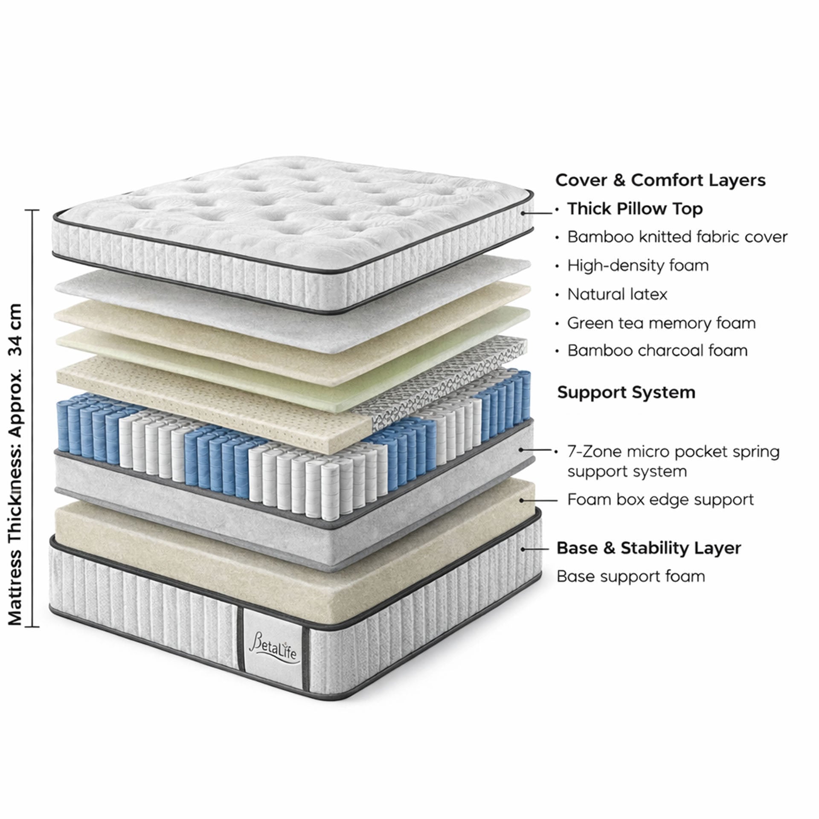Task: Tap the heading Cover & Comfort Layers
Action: click(x=660, y=180)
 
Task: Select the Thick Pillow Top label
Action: click(x=635, y=209)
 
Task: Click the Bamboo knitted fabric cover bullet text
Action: click(x=677, y=237)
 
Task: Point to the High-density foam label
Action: click(x=637, y=266)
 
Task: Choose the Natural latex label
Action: click(x=617, y=294)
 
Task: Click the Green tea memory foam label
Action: click(x=661, y=323)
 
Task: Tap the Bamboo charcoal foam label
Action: click(x=657, y=351)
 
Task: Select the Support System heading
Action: click(x=626, y=392)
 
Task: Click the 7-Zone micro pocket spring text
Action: click(x=673, y=452)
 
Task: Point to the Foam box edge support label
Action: click(x=660, y=500)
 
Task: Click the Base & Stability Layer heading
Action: click(x=648, y=548)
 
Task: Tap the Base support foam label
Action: click(x=630, y=576)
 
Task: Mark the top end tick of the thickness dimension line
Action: click(x=32, y=211)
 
